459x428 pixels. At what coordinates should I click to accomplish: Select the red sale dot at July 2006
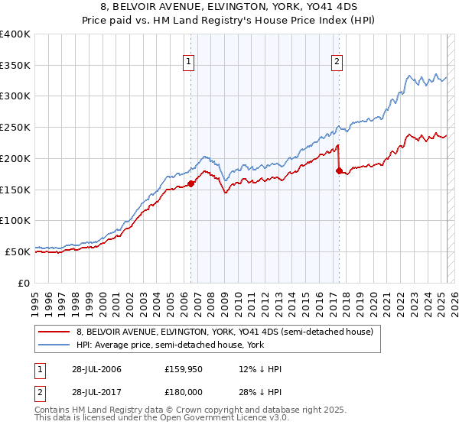click(x=190, y=183)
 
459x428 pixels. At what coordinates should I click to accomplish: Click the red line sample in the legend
click(x=53, y=332)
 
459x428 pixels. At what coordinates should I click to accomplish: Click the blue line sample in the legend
click(x=53, y=345)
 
